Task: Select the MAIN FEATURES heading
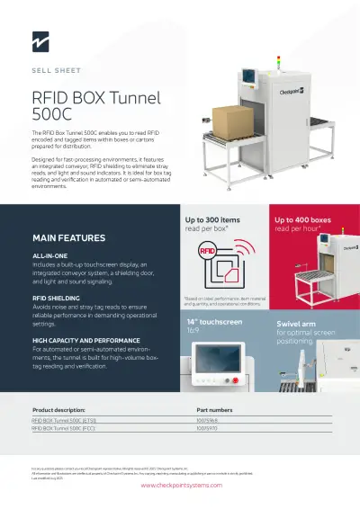click(x=68, y=238)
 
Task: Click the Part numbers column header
click(x=214, y=409)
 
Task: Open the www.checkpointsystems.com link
click(x=180, y=485)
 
